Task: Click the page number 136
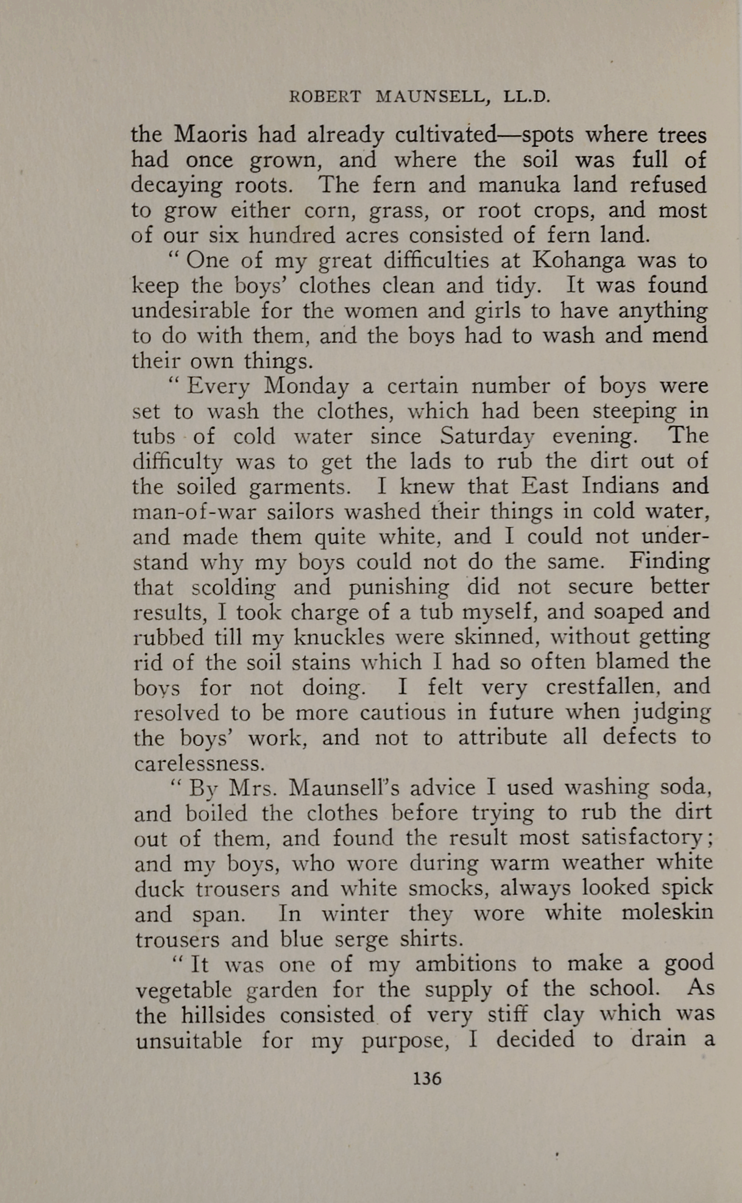tap(426, 1078)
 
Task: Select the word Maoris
tap(211, 135)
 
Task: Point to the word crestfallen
tap(600, 687)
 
